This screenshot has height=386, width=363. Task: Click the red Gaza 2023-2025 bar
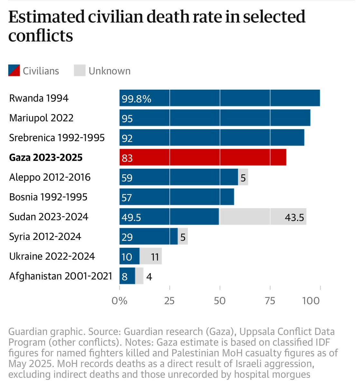pyautogui.click(x=203, y=157)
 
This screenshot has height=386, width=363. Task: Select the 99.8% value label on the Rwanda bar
pyautogui.click(x=136, y=99)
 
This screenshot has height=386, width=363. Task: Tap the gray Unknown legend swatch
pyautogui.click(x=80, y=71)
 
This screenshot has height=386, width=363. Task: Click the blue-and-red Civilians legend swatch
pyautogui.click(x=14, y=71)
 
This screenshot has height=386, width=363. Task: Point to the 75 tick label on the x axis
pyautogui.click(x=270, y=301)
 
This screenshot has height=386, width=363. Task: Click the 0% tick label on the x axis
pyautogui.click(x=119, y=301)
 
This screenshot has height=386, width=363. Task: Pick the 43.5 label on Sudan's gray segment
pyautogui.click(x=294, y=217)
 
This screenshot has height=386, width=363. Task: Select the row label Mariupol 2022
pyautogui.click(x=41, y=118)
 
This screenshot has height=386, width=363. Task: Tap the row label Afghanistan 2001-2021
pyautogui.click(x=61, y=276)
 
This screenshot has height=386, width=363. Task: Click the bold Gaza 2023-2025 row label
pyautogui.click(x=46, y=158)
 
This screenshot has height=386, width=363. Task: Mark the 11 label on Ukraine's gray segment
pyautogui.click(x=155, y=257)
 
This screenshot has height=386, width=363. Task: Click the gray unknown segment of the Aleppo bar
pyautogui.click(x=243, y=177)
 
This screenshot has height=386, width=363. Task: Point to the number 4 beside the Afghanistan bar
pyautogui.click(x=149, y=277)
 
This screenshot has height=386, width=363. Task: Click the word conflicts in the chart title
pyautogui.click(x=41, y=36)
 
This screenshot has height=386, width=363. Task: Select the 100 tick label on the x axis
pyautogui.click(x=311, y=301)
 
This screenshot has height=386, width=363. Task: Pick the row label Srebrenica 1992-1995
pyautogui.click(x=57, y=138)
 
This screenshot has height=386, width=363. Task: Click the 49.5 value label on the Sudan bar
pyautogui.click(x=131, y=217)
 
